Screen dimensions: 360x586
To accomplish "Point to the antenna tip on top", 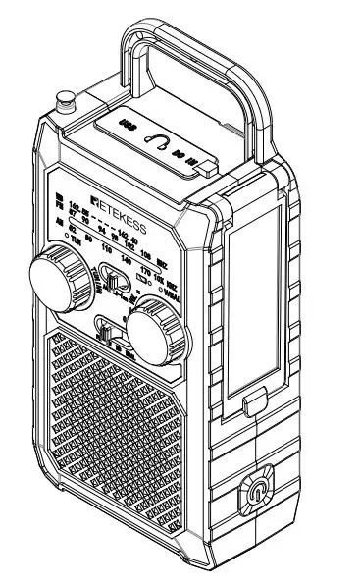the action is coord(67,98).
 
